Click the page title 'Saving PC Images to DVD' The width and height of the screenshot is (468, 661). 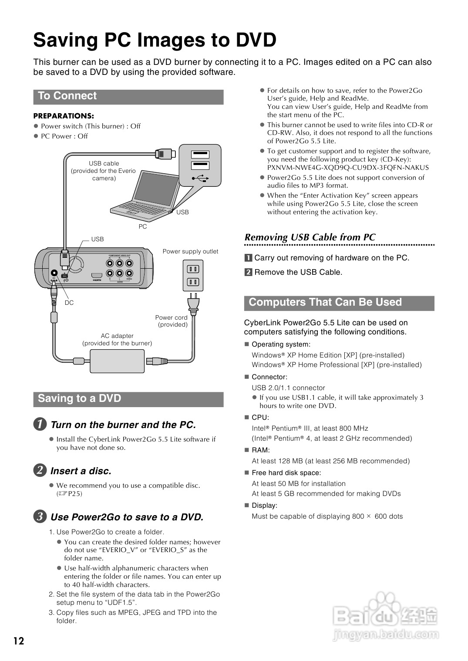point(155,40)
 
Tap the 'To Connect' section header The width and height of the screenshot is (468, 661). point(67,96)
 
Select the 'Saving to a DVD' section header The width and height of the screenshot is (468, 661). point(80,399)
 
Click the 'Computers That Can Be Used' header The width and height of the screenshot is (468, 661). point(325,303)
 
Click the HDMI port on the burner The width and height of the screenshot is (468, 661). point(97,276)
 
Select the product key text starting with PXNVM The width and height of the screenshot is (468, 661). point(348,168)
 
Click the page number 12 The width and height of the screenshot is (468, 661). point(19,641)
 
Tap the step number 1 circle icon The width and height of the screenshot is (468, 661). point(40,424)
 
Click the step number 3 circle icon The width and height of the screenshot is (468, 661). point(40,517)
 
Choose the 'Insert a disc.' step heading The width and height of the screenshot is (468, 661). point(81,471)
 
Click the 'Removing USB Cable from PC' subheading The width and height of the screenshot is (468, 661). point(310,237)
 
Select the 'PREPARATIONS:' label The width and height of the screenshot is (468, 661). point(64,116)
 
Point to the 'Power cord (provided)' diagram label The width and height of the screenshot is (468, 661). point(172,321)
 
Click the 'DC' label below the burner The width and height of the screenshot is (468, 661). point(69,303)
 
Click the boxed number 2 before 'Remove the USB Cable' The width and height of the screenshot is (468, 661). point(248,272)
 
